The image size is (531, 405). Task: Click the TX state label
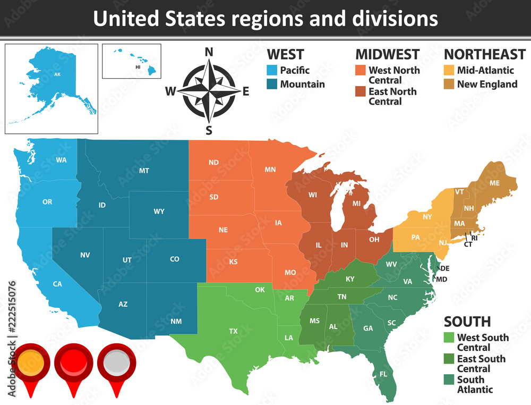[x=233, y=331]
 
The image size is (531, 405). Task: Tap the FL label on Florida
[x=383, y=374]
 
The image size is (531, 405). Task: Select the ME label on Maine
[x=494, y=183]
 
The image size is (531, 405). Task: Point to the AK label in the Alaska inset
[x=57, y=74]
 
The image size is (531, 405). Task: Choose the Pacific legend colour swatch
[x=272, y=70]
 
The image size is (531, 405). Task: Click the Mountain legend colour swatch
[x=272, y=84]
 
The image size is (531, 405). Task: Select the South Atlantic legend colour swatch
[x=449, y=379]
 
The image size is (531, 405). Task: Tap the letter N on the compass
[x=209, y=52]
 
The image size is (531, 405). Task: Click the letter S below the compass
[x=209, y=130]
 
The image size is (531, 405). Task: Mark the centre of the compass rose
[x=209, y=91]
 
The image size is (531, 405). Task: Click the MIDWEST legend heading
[x=387, y=54]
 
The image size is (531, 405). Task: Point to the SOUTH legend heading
[x=467, y=322]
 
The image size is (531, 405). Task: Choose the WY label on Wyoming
[x=159, y=212]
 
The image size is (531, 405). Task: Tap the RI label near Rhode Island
[x=474, y=239]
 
